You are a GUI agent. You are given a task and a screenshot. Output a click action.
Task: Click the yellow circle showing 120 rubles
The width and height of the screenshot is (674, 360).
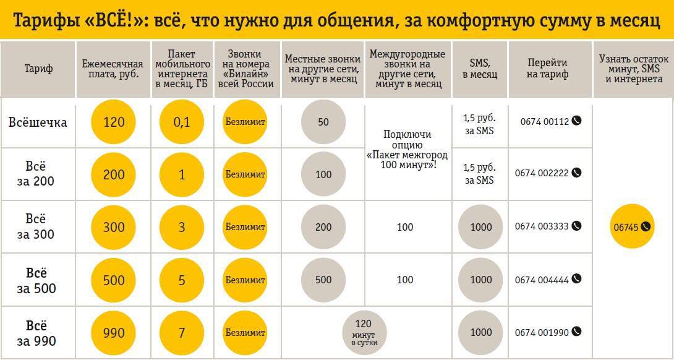point(114,122)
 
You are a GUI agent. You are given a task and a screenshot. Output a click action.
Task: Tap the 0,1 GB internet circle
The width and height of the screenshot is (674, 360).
point(182,122)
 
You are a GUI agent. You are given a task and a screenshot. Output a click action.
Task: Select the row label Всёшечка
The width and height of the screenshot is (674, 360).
point(38,122)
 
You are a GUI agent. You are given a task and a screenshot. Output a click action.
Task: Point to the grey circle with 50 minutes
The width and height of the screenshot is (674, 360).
point(323,122)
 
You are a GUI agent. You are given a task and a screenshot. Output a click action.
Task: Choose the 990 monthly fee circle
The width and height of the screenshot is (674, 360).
point(114,333)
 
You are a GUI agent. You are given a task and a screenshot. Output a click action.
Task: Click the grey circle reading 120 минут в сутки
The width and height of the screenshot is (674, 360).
point(364,333)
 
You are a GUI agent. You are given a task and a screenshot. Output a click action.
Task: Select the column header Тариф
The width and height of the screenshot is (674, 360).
point(38,69)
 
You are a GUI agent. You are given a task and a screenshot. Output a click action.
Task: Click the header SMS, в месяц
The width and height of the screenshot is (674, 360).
point(480,69)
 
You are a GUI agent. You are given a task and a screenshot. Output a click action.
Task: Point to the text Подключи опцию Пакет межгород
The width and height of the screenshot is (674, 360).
point(407,149)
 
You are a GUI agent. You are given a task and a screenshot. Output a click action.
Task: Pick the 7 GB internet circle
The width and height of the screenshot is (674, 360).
point(182,333)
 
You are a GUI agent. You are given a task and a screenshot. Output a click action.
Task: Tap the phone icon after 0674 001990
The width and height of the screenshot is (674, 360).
point(576,332)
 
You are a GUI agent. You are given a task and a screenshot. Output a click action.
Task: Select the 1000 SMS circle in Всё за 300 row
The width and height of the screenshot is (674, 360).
point(480,227)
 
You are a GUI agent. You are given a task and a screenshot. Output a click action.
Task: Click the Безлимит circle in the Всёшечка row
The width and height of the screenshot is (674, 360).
point(245,122)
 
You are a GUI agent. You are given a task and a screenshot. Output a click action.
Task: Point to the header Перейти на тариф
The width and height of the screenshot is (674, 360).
point(547,69)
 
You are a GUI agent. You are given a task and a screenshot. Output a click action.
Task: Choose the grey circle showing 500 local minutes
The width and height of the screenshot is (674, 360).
point(323,280)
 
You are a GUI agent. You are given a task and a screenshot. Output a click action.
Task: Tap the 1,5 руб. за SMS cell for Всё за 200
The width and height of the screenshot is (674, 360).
point(480,174)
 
